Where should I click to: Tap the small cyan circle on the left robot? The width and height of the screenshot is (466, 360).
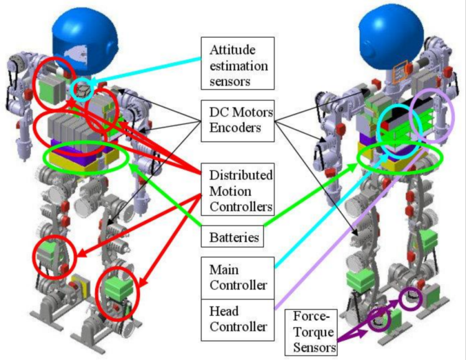83,91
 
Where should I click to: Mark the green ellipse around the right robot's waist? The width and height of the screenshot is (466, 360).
401,158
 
